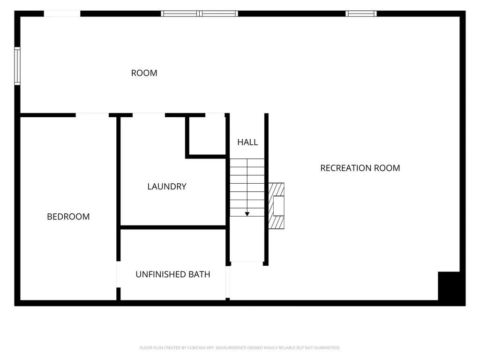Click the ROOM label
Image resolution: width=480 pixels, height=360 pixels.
tap(144, 73)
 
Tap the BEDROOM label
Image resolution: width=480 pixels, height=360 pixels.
tap(68, 217)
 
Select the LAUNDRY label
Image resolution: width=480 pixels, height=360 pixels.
tap(167, 187)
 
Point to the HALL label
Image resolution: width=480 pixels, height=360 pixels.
tap(247, 142)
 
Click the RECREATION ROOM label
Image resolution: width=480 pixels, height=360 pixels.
tap(360, 168)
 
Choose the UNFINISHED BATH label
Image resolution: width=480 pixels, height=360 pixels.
tap(172, 274)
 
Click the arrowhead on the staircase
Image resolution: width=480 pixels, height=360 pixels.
tap(247, 214)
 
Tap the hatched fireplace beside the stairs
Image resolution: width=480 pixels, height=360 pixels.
tap(276, 206)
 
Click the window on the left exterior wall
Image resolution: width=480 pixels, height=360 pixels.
tap(17, 66)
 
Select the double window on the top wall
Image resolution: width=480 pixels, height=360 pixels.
tap(199, 14)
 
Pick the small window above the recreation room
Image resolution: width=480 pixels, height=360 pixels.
tap(361, 14)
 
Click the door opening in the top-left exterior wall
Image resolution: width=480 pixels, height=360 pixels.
tap(62, 14)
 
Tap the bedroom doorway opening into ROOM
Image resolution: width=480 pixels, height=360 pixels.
tap(92, 115)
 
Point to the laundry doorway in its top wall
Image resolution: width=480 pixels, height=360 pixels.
tap(149, 115)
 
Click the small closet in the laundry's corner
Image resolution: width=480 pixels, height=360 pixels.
tap(207, 136)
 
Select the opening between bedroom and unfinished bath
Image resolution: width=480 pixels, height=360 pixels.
tap(119, 274)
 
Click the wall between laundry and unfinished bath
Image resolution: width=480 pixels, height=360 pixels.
tap(173, 227)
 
